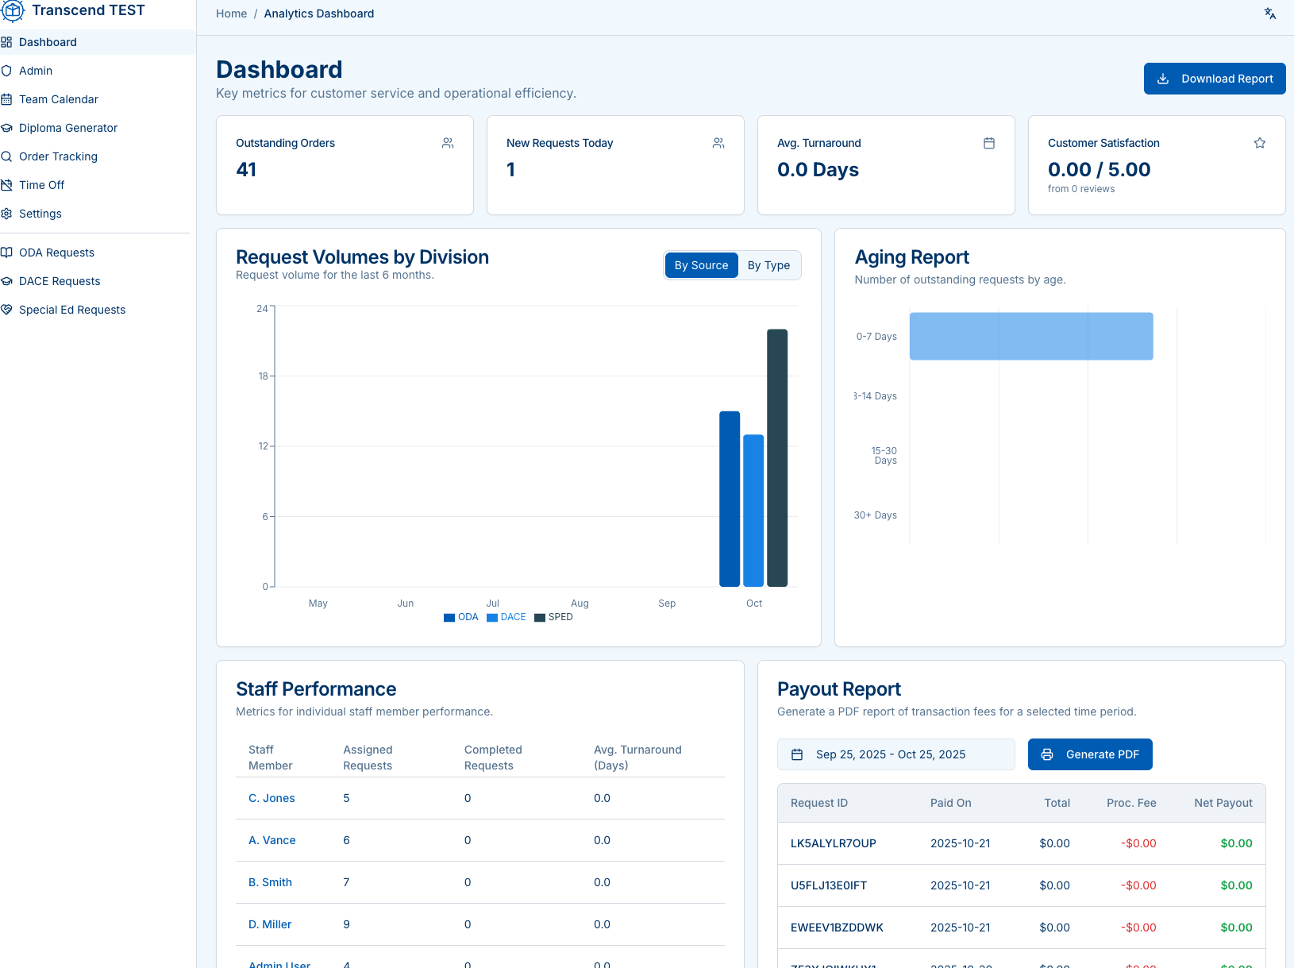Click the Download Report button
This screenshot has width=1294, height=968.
coord(1214,79)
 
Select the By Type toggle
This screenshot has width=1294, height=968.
coord(768,265)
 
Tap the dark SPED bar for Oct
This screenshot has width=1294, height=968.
coord(776,457)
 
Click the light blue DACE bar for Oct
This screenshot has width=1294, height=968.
coord(753,510)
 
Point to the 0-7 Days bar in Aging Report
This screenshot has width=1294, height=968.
coord(1030,336)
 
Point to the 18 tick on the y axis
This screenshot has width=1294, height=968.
coord(263,376)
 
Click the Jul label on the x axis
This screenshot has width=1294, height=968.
coord(492,604)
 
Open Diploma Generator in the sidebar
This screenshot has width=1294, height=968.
coord(67,128)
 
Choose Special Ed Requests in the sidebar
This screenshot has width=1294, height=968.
coord(71,310)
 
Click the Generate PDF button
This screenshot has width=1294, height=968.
coord(1089,754)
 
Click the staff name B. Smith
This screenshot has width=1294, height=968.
coord(270,882)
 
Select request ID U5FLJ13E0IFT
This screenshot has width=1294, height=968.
coord(828,885)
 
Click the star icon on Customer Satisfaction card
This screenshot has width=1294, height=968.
coord(1259,143)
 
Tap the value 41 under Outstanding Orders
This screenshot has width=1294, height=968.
coord(246,170)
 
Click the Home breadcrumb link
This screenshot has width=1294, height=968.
coord(231,13)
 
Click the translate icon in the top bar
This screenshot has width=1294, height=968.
coord(1269,13)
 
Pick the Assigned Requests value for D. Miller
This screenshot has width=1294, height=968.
coord(346,924)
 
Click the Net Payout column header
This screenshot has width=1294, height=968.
coord(1223,803)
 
